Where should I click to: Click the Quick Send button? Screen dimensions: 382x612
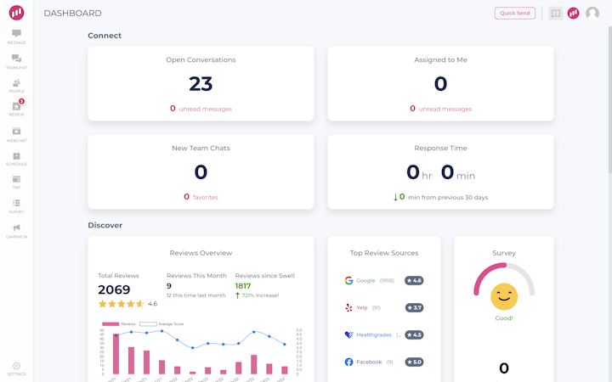pyautogui.click(x=515, y=13)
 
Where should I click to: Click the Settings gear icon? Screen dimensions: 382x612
pyautogui.click(x=16, y=367)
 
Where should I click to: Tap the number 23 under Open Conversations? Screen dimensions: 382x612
pyautogui.click(x=201, y=83)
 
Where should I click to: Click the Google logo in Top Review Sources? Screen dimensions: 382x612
pyautogui.click(x=348, y=280)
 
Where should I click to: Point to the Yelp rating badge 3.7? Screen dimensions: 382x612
pyautogui.click(x=414, y=307)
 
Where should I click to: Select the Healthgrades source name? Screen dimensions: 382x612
pyautogui.click(x=374, y=334)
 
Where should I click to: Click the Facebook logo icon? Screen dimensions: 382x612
pyautogui.click(x=348, y=362)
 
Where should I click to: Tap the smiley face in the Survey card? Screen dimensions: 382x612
pyautogui.click(x=504, y=296)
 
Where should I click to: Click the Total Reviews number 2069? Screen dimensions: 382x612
pyautogui.click(x=114, y=289)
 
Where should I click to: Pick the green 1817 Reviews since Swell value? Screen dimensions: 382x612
pyautogui.click(x=243, y=286)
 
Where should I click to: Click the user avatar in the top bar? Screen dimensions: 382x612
pyautogui.click(x=592, y=14)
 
